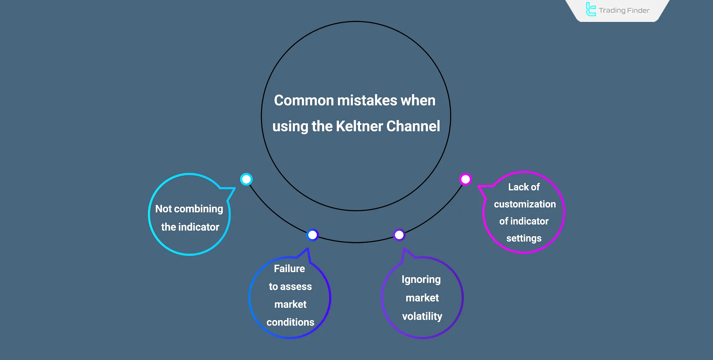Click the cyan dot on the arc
246,179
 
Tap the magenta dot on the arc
465,179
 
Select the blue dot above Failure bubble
312,235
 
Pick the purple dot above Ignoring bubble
399,235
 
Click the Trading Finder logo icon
591,10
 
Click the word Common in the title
304,100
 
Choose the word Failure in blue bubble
289,269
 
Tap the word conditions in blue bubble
290,322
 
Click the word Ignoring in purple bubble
421,280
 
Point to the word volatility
422,316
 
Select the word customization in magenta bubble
525,204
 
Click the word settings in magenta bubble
524,238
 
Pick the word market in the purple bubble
422,298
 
